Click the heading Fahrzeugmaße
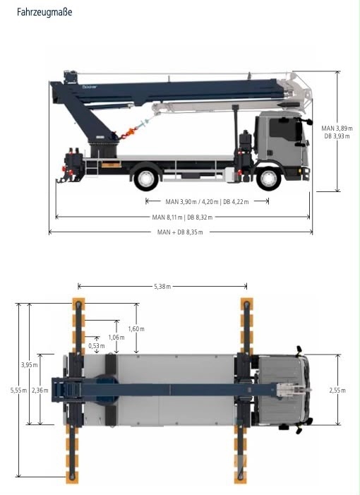tap(44, 12)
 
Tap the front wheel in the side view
tap(268, 179)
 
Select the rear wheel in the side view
tap(146, 179)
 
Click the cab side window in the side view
tap(282, 129)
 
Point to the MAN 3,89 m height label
tap(337, 129)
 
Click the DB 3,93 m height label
tap(337, 136)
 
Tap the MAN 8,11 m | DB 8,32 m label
tap(182, 217)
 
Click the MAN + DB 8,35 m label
tap(180, 232)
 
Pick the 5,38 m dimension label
tap(162, 287)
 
